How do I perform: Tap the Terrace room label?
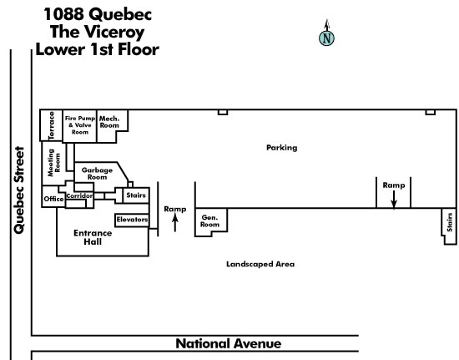pos(52,125)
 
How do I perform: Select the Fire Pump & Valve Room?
pos(79,126)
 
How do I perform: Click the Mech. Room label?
pos(109,122)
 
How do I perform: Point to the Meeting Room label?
pos(54,163)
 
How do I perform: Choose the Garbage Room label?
pos(97,174)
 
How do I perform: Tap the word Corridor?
pos(79,195)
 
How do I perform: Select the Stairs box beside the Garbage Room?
pos(136,195)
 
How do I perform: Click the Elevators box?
pos(132,220)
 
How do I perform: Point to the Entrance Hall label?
pos(93,237)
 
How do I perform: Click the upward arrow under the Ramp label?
pos(175,223)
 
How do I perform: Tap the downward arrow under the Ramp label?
pos(394,200)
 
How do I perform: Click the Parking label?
pos(281,148)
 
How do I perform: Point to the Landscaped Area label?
pos(260,264)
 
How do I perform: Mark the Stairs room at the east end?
pos(449,226)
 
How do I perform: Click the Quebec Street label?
pos(19,190)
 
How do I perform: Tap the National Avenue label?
pos(229,343)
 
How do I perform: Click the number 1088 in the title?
pos(64,14)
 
